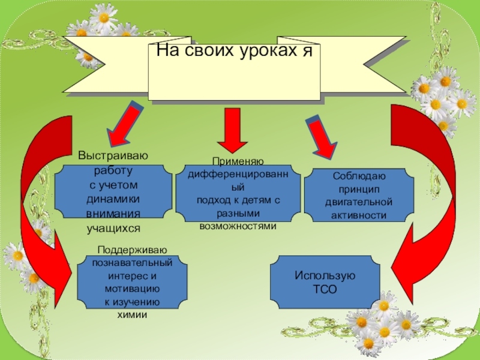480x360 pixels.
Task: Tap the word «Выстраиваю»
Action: click(x=113, y=157)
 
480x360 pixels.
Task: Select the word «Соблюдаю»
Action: click(x=359, y=176)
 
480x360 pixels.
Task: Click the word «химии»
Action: click(x=132, y=314)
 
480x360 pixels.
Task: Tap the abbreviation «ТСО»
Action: click(x=325, y=289)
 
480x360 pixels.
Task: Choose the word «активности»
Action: click(x=359, y=214)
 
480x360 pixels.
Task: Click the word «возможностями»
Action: click(x=238, y=226)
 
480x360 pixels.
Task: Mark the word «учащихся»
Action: click(x=113, y=228)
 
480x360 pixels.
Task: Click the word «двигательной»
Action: click(x=359, y=202)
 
